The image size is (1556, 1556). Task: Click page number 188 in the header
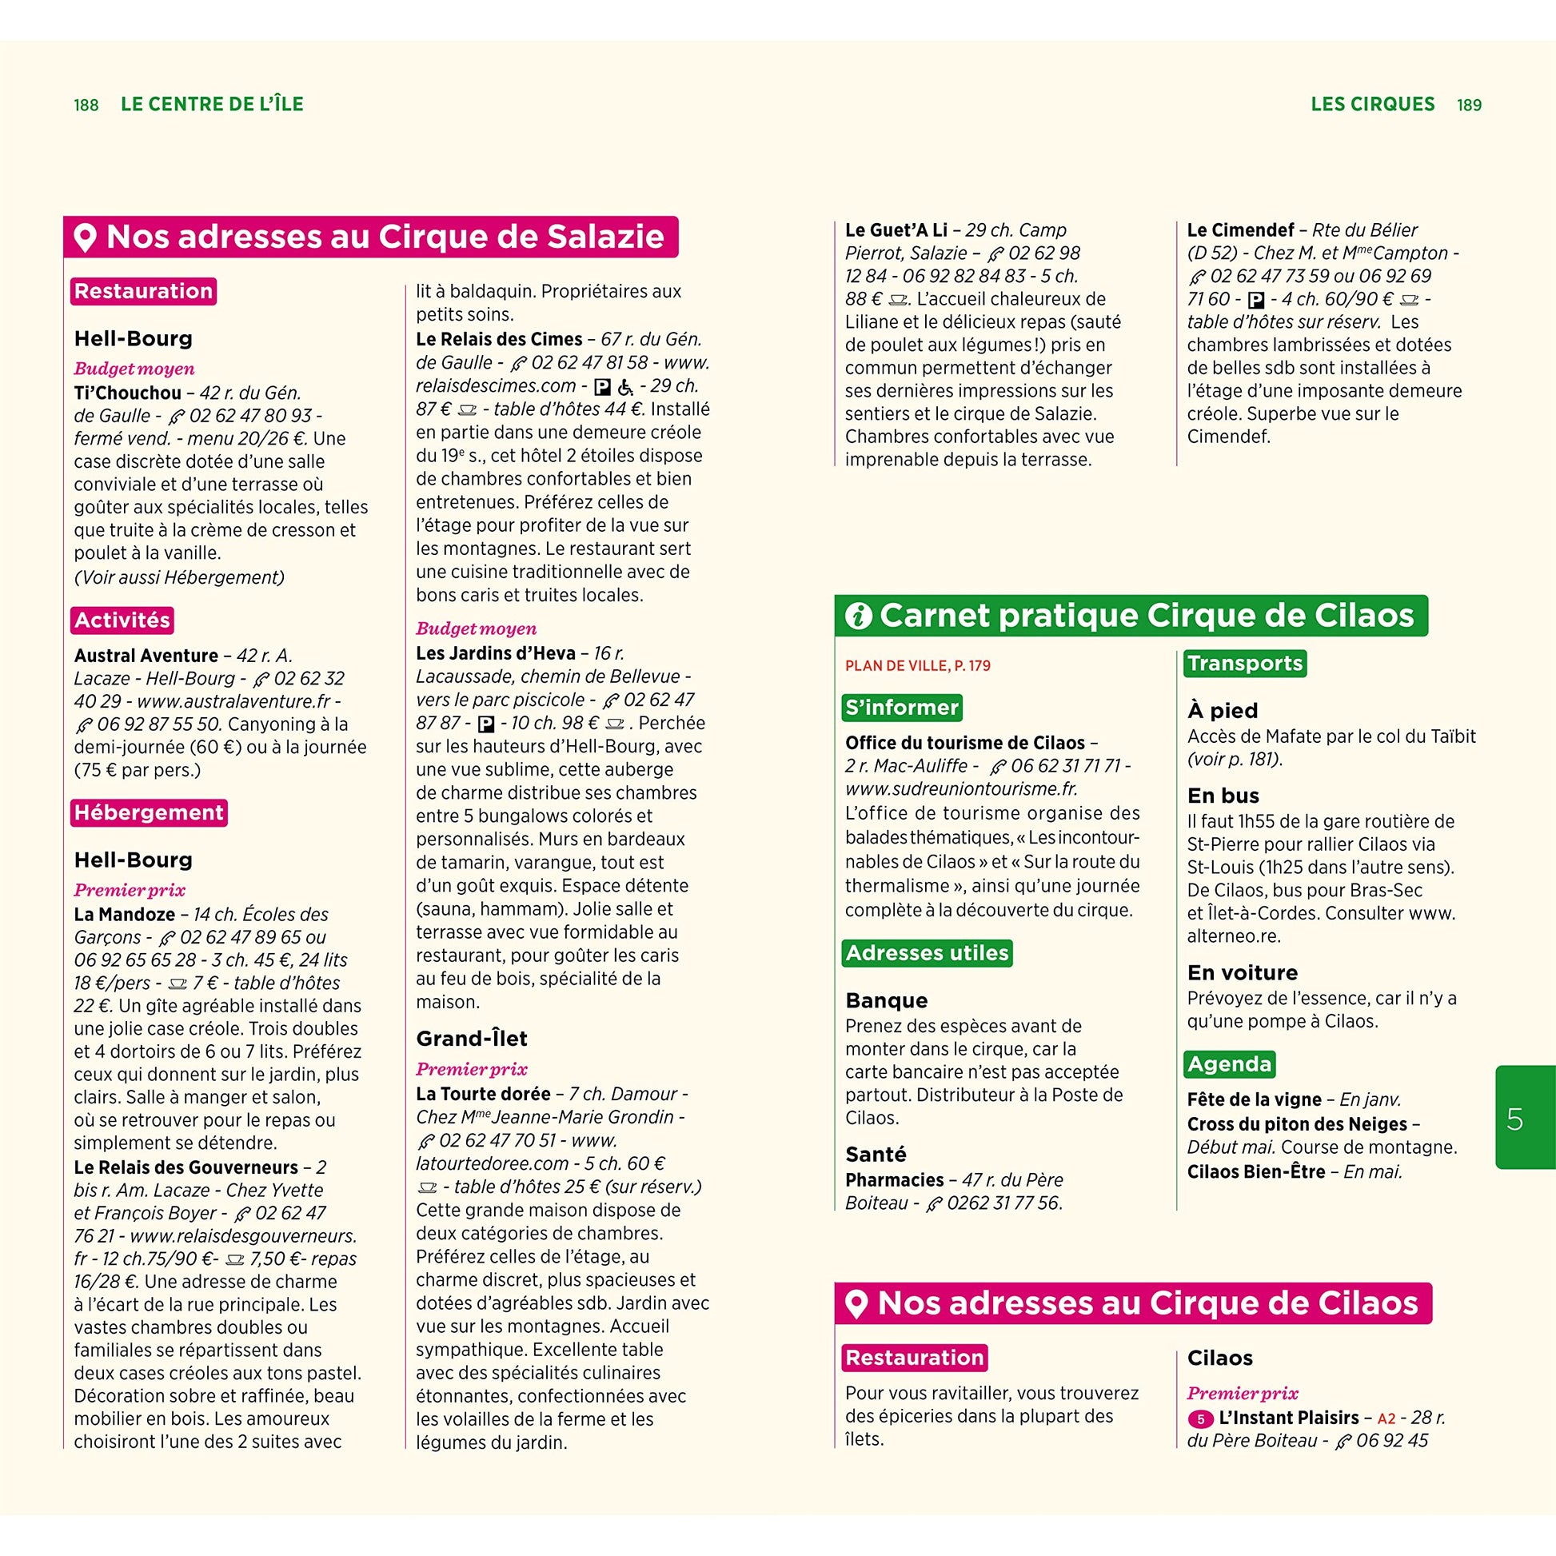coord(86,106)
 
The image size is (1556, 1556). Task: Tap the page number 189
coord(1469,106)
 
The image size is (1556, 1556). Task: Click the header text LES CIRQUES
coord(1372,105)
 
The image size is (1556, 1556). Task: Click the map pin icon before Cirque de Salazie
coord(86,237)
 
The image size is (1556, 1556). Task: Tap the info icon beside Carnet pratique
coord(858,616)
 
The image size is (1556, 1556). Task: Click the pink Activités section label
coord(122,620)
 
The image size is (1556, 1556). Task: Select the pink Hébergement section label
coord(149,812)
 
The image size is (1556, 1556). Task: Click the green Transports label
coord(1244,664)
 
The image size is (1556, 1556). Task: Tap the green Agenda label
coord(1229,1065)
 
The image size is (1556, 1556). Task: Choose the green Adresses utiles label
coord(927,954)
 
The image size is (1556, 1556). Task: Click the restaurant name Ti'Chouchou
coord(127,393)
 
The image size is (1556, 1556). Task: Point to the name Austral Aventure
coord(146,656)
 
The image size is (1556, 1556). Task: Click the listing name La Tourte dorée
coord(483,1094)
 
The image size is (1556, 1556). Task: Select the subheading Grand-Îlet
coord(471,1039)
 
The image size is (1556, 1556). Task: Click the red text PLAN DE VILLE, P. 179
coord(917,666)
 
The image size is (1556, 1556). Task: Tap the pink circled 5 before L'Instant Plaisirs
coord(1200,1419)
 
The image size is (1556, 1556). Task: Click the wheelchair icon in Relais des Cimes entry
coord(625,387)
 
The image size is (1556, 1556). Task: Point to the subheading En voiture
coord(1242,973)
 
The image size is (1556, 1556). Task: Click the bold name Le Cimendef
coord(1240,230)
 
